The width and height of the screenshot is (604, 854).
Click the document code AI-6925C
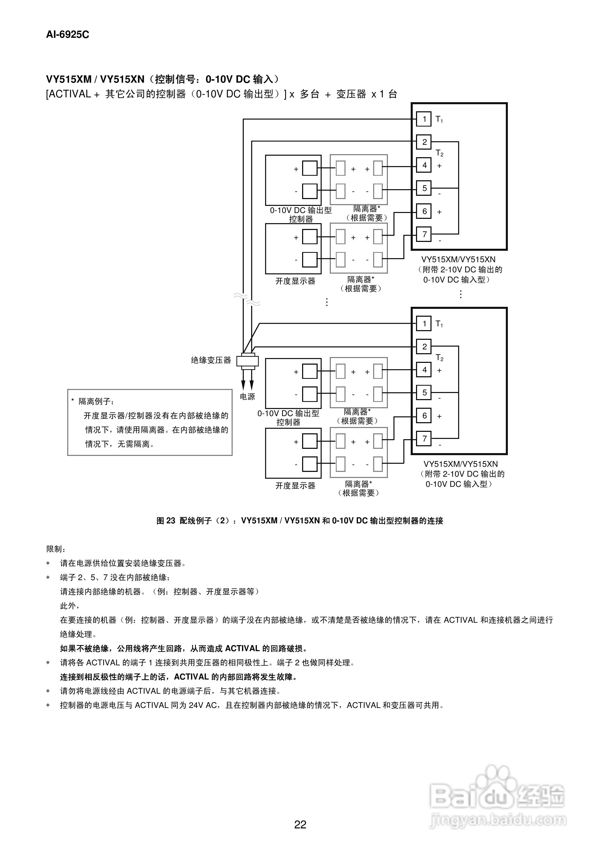[67, 34]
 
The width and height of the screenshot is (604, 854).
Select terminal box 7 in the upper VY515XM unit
[424, 234]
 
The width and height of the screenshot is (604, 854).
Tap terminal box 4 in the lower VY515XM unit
[424, 370]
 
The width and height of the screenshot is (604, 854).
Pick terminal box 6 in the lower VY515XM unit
[424, 416]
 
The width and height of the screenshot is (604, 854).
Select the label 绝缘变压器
[211, 360]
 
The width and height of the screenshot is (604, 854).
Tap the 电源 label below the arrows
[248, 397]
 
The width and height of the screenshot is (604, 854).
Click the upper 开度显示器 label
[295, 281]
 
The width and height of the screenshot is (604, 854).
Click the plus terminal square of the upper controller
[310, 168]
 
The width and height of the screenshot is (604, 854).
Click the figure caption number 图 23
[166, 521]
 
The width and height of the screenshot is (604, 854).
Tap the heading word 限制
[55, 549]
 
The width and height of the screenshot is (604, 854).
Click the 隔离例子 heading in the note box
[95, 402]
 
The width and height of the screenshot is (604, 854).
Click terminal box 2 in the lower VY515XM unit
[424, 347]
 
